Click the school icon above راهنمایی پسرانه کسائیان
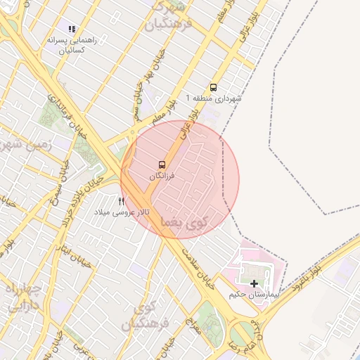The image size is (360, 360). click(x=71, y=29)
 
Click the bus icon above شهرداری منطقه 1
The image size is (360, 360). click(x=214, y=87)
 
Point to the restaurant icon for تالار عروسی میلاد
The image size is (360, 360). click(x=121, y=202)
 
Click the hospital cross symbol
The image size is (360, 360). click(x=254, y=283)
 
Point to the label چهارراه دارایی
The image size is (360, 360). click(x=23, y=297)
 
